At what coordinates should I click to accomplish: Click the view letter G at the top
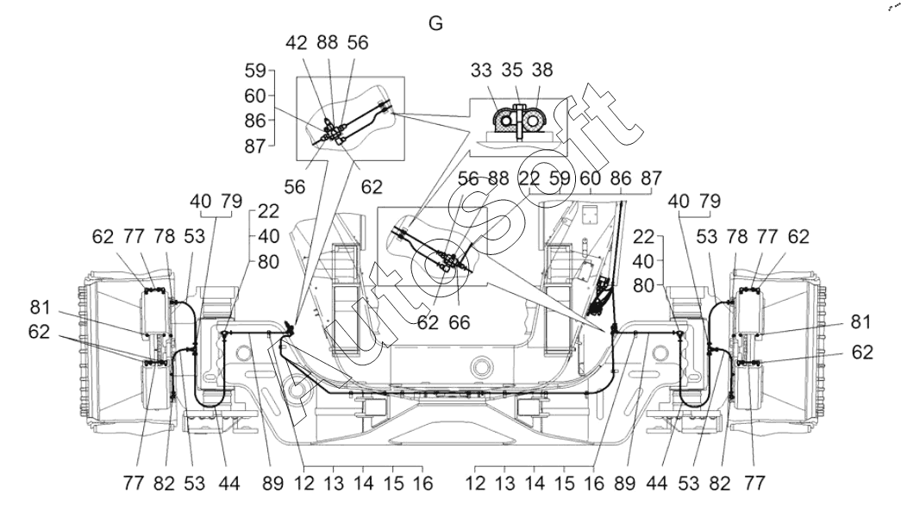click(435, 23)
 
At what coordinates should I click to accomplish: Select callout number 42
click(297, 42)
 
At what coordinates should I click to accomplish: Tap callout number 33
click(481, 70)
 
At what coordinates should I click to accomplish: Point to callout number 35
click(512, 70)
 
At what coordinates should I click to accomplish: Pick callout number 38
click(542, 70)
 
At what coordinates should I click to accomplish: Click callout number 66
click(460, 322)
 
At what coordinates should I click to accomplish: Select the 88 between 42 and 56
click(328, 42)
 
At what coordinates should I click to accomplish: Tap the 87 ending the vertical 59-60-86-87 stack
click(254, 146)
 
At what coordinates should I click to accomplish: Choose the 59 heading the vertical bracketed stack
click(254, 72)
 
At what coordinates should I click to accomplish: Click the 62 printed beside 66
click(428, 322)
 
